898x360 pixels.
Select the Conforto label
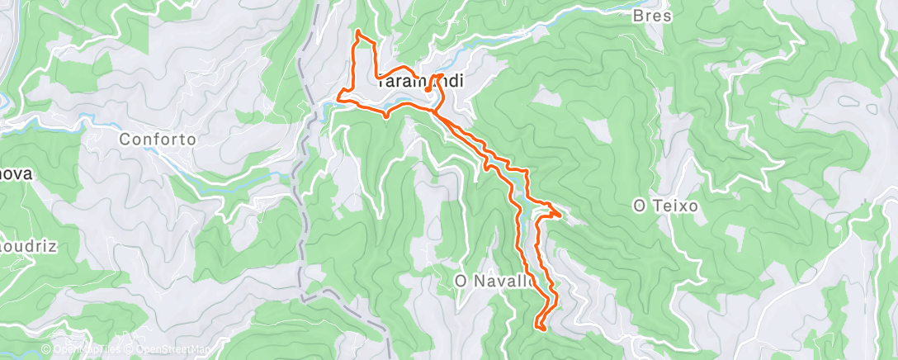pyautogui.click(x=158, y=139)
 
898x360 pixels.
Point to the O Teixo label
pyautogui.click(x=665, y=205)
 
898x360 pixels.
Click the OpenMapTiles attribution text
pyautogui.click(x=86, y=349)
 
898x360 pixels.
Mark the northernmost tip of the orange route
pyautogui.click(x=357, y=31)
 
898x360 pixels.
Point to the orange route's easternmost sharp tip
pyautogui.click(x=561, y=216)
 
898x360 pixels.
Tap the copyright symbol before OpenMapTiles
pyautogui.click(x=46, y=349)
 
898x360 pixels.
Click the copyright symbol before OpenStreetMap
pyautogui.click(x=126, y=349)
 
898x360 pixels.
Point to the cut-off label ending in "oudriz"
pyautogui.click(x=16, y=246)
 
